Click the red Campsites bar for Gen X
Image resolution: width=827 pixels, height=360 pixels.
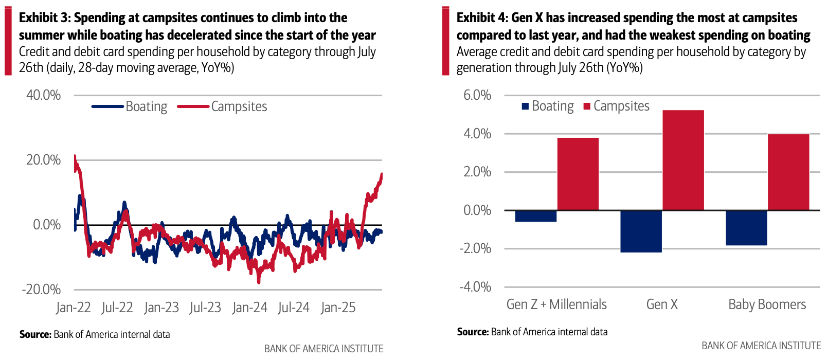[x=683, y=160]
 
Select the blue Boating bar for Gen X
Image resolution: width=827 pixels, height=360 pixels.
[x=641, y=231]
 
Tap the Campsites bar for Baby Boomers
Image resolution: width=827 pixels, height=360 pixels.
[x=788, y=172]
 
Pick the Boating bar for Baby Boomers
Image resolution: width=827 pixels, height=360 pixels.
[x=746, y=227]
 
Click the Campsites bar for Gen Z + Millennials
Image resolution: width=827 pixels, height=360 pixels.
[x=578, y=174]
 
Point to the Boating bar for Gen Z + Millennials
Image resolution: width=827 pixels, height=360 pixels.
[x=535, y=216]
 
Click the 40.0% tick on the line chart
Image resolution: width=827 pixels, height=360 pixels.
[x=44, y=95]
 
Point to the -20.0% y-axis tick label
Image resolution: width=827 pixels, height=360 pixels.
[x=41, y=290]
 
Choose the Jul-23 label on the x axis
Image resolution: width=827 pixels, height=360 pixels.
[x=205, y=308]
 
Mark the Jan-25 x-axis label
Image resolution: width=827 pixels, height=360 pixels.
[x=338, y=308]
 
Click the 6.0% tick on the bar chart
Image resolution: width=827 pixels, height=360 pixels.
[x=477, y=95]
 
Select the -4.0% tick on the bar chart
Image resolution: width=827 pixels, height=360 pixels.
[x=475, y=286]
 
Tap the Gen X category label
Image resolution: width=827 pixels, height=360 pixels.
[x=662, y=304]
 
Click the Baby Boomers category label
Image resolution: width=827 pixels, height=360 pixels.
[x=767, y=304]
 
